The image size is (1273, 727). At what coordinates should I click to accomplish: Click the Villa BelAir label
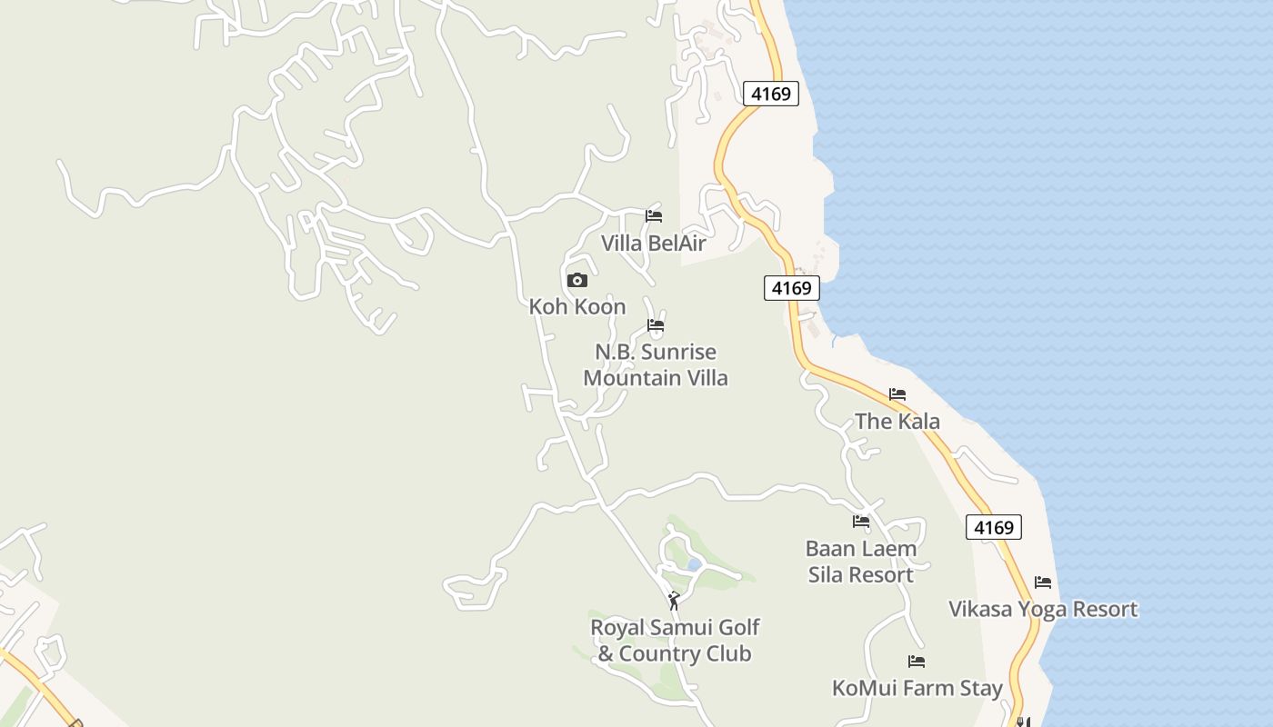point(653,244)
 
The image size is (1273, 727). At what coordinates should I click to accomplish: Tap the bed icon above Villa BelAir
point(654,216)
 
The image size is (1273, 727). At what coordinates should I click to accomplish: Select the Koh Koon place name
point(577,307)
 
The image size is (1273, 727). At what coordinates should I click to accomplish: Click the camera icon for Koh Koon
point(577,281)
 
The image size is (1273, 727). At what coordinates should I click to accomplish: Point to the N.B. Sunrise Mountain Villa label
point(656,364)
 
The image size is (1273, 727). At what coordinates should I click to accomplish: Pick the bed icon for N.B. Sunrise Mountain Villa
point(656,325)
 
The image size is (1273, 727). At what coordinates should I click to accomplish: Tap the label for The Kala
point(897,422)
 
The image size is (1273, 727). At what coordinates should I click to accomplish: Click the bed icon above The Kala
point(897,394)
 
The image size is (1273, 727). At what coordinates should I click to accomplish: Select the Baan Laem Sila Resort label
point(861,562)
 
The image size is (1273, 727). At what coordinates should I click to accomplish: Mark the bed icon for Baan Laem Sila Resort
point(861,522)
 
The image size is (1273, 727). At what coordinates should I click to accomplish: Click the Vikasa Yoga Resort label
point(1043,609)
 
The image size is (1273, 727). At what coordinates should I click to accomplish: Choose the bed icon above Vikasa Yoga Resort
point(1043,583)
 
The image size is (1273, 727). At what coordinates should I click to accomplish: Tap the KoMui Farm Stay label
point(917,689)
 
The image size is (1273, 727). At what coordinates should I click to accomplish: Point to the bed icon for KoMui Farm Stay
point(917,662)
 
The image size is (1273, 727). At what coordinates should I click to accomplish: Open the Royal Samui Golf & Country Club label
point(675,641)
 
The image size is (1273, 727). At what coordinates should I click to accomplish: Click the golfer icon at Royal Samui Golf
point(674,601)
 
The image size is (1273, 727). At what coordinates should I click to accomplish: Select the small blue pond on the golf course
point(694,565)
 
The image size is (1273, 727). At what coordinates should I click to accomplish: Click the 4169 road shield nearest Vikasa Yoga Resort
point(994,528)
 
